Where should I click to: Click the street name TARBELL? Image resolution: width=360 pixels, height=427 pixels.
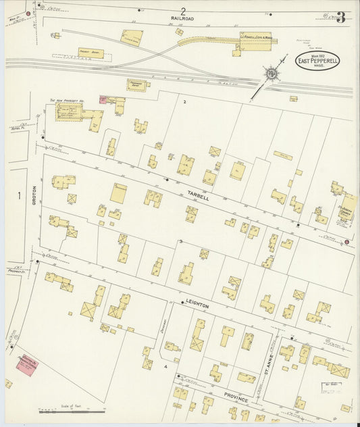(200, 197)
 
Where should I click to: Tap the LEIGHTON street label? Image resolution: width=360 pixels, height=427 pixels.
(195, 306)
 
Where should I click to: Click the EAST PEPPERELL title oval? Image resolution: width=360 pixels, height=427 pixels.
(317, 61)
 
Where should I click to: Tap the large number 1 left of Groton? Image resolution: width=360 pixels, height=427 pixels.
(20, 196)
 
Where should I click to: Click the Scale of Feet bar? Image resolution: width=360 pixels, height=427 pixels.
(72, 410)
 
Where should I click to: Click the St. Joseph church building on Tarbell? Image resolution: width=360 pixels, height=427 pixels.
(348, 207)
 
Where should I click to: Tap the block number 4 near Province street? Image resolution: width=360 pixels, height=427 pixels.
(164, 366)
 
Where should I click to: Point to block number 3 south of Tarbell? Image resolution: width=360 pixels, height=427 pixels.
(180, 241)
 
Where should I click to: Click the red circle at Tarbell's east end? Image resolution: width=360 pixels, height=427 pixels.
(347, 242)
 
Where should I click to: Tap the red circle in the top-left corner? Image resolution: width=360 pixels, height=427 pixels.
(28, 13)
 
